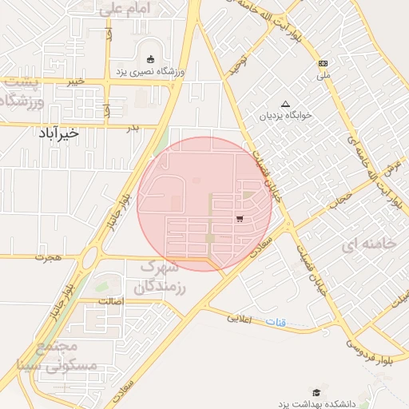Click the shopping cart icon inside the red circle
pos(240,217)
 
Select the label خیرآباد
pos(58,133)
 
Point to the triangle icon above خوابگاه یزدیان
pos(285,103)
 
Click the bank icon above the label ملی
pos(324,63)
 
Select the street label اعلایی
pos(239,319)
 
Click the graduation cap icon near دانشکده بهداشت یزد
pos(316,392)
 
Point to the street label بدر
pos(133,127)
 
